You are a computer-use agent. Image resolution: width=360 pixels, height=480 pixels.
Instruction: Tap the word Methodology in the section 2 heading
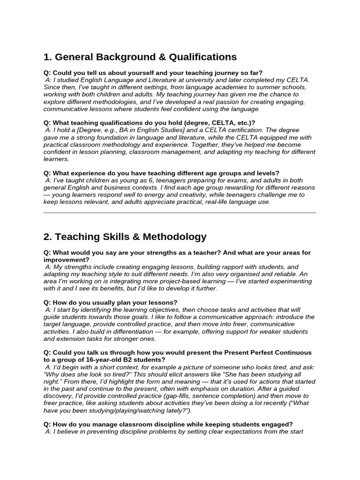(176, 237)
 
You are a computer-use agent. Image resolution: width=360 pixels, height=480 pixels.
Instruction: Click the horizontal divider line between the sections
(180, 213)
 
